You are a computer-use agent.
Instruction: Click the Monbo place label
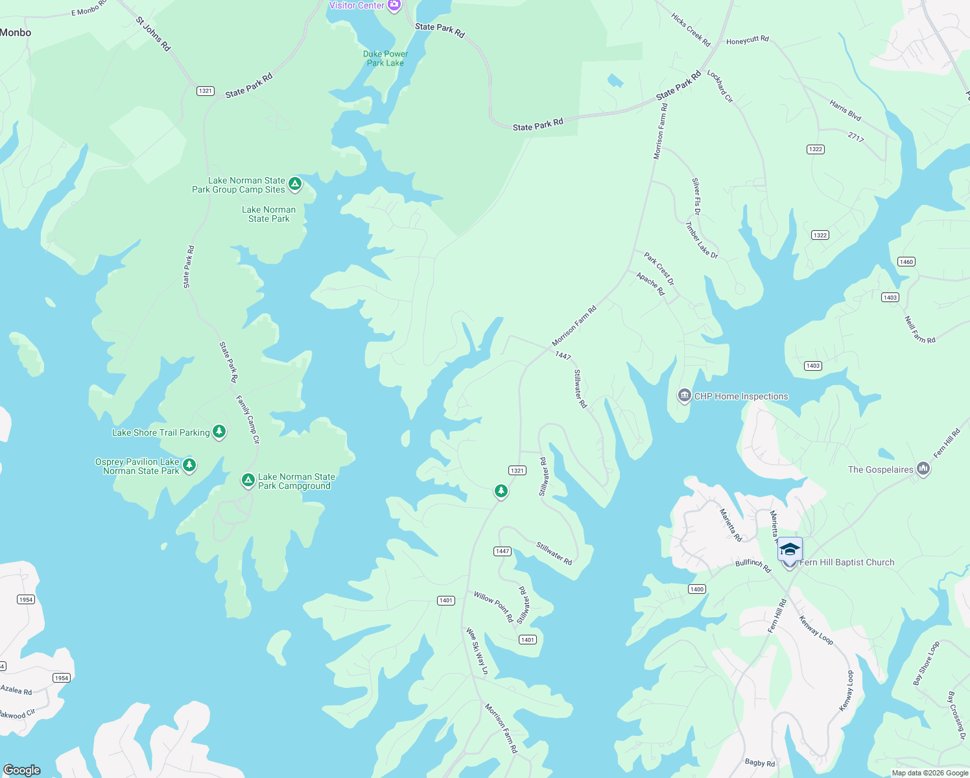pos(16,32)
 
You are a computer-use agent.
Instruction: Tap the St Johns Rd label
pos(153,34)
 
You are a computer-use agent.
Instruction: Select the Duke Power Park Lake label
pos(385,58)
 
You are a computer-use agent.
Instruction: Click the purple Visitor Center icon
pos(394,5)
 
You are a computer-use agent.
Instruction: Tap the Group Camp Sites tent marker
pos(295,185)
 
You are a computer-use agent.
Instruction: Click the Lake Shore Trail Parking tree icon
pos(219,432)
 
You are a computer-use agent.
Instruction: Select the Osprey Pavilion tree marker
pos(189,465)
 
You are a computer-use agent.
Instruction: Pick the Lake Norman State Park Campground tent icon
pos(248,480)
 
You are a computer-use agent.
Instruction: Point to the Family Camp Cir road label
pos(248,419)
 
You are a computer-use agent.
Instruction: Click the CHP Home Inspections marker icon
pos(684,395)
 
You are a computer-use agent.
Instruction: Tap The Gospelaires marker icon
pos(924,469)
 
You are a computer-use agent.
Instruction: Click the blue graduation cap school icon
pos(790,549)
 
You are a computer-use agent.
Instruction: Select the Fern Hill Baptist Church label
pos(847,562)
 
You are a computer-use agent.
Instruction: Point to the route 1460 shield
pos(906,262)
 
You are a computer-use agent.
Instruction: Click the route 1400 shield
pos(697,589)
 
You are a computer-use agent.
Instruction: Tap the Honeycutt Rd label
pos(748,40)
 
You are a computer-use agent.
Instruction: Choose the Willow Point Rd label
pos(493,607)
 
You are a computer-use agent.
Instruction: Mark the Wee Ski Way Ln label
pos(477,651)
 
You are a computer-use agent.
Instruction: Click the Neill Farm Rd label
pos(919,330)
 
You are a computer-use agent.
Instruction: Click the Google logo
pos(21,770)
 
